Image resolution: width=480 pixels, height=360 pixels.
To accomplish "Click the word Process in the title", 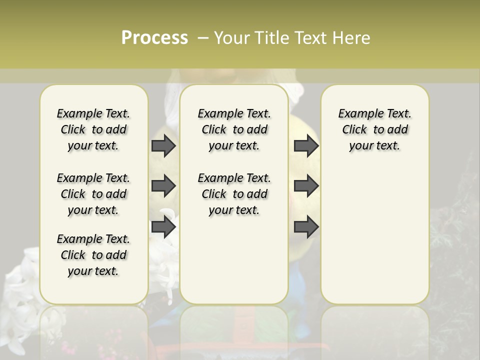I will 154,37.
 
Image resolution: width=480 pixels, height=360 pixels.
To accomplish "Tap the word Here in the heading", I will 351,38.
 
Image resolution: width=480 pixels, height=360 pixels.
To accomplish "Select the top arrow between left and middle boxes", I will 163,145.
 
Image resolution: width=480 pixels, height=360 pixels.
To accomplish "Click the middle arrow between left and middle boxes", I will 163,186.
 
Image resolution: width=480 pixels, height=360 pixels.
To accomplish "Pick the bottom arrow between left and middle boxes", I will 163,227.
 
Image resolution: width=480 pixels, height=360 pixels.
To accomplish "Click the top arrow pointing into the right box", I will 306,145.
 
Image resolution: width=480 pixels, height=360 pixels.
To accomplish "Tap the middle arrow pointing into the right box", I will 306,186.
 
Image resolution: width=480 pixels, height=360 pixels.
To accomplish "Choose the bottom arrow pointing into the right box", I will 306,227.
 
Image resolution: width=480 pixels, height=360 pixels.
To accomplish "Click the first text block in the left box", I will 93,129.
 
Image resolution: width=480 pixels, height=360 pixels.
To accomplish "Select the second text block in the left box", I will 93,194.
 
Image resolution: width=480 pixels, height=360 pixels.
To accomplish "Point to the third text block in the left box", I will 93,255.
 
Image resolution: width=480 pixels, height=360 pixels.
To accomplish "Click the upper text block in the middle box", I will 234,129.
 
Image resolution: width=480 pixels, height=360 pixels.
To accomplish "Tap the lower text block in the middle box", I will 234,194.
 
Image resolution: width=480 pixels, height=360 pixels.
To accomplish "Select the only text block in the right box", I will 374,129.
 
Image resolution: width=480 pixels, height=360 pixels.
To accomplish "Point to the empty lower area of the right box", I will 374,235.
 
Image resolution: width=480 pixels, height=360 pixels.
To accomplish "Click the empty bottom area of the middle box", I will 234,265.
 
